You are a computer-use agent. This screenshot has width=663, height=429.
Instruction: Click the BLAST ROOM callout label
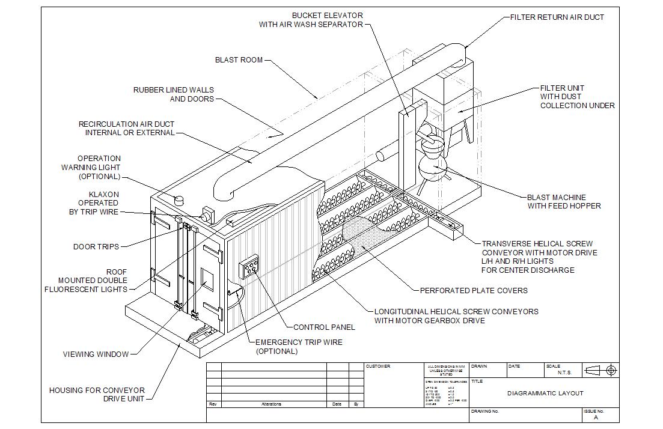tap(239, 60)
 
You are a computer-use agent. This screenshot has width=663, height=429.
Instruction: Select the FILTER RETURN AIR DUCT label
tap(557, 17)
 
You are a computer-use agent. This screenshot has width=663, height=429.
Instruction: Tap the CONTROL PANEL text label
tap(324, 327)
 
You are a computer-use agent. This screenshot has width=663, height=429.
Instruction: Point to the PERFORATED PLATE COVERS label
tap(474, 291)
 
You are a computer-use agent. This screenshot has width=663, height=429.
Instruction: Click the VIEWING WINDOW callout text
tap(96, 354)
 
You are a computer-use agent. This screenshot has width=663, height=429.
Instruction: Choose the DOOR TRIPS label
tap(96, 247)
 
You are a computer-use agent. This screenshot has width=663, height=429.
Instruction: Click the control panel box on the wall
tap(249, 268)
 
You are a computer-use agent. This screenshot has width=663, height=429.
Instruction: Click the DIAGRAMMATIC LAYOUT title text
tap(545, 394)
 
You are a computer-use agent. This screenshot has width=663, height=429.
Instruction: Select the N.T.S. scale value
tap(564, 373)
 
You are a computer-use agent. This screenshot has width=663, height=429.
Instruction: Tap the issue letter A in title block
tap(596, 417)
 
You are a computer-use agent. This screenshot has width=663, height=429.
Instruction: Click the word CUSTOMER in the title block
tap(378, 367)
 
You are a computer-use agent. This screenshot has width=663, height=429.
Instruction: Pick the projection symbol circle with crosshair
tap(611, 371)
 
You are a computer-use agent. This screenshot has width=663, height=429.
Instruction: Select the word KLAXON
tap(104, 195)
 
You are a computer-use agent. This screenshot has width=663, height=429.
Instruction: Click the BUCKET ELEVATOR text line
tap(327, 15)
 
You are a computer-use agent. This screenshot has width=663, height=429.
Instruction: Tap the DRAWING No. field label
tap(485, 412)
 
